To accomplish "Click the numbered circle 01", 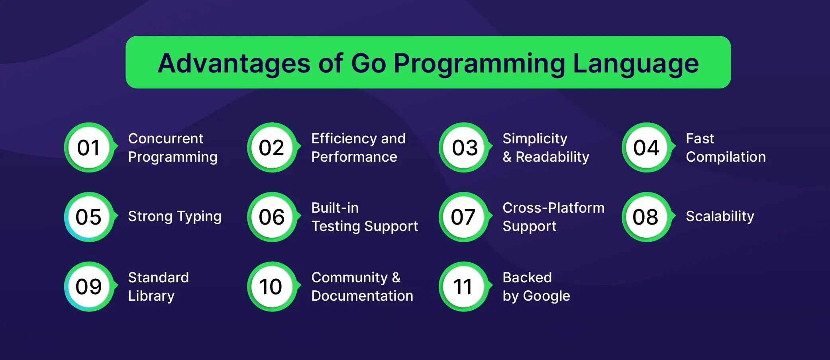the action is coord(89,147).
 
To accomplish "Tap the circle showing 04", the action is coord(647,147).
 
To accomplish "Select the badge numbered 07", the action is coord(464,217).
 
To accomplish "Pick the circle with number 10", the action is coord(273,286).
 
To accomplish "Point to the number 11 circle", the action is coord(464,286).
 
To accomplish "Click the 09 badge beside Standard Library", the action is coord(89,286).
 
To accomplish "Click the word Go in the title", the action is coord(368,63).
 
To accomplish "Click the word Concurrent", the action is coord(165,138).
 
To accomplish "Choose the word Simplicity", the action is coord(535,139).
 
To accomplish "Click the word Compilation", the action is coord(726,157).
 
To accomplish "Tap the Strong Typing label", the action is coord(175,217).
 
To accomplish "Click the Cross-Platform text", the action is coord(553,207).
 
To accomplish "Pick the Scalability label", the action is coord(720,217).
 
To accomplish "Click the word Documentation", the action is coord(362,295).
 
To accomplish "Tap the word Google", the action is coord(546,296).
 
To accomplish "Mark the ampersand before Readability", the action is coord(507,157).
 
